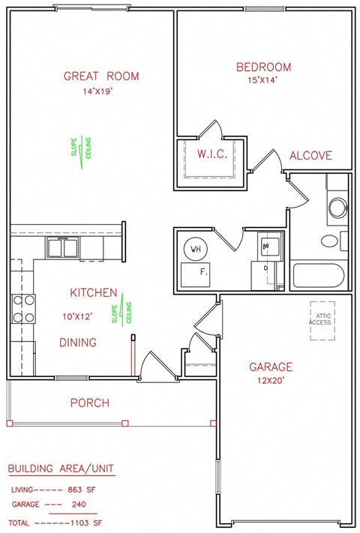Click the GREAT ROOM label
point(101,76)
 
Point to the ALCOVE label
point(310,155)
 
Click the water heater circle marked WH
point(196,249)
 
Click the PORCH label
point(90,403)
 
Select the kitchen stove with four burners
point(23,308)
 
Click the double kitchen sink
point(63,247)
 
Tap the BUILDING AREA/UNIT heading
point(61,469)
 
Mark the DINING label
point(78,343)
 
